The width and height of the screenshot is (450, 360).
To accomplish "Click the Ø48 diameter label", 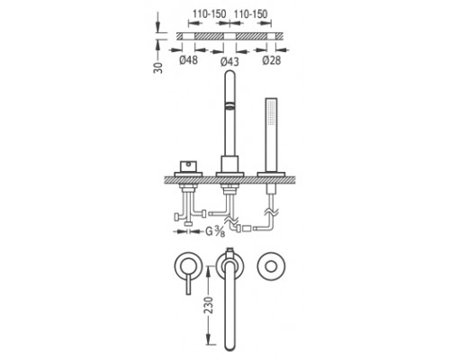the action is pos(189,60).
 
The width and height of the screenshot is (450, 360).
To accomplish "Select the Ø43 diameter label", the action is pos(229,61).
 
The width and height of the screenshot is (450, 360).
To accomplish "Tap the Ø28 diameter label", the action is pos(272,60).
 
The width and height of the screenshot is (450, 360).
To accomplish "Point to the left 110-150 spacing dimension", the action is pos(209,13).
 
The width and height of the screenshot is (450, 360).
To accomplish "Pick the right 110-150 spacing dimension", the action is pos(250,13).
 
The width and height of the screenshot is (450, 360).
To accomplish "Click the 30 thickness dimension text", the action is pos(158,67).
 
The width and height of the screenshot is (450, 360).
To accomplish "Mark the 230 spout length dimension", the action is pos(209,305).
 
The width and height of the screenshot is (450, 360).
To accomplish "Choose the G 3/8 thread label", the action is pos(215,231).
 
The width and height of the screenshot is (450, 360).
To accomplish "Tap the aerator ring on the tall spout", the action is pos(229,105).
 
